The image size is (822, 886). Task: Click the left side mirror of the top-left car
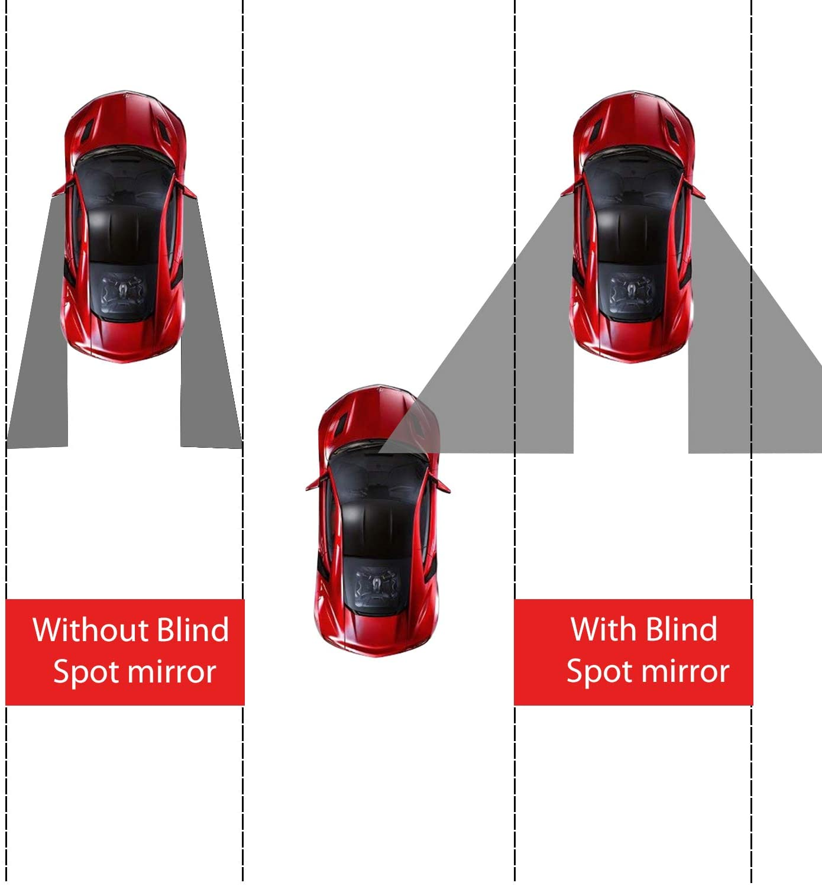coord(59,190)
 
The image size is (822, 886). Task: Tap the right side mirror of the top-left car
coord(189,190)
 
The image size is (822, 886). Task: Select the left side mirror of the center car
coord(314,484)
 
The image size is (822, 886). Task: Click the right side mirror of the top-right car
coord(697,190)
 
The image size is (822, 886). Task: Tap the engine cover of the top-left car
coord(123,291)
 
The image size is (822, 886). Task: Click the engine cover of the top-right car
coord(632,291)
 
